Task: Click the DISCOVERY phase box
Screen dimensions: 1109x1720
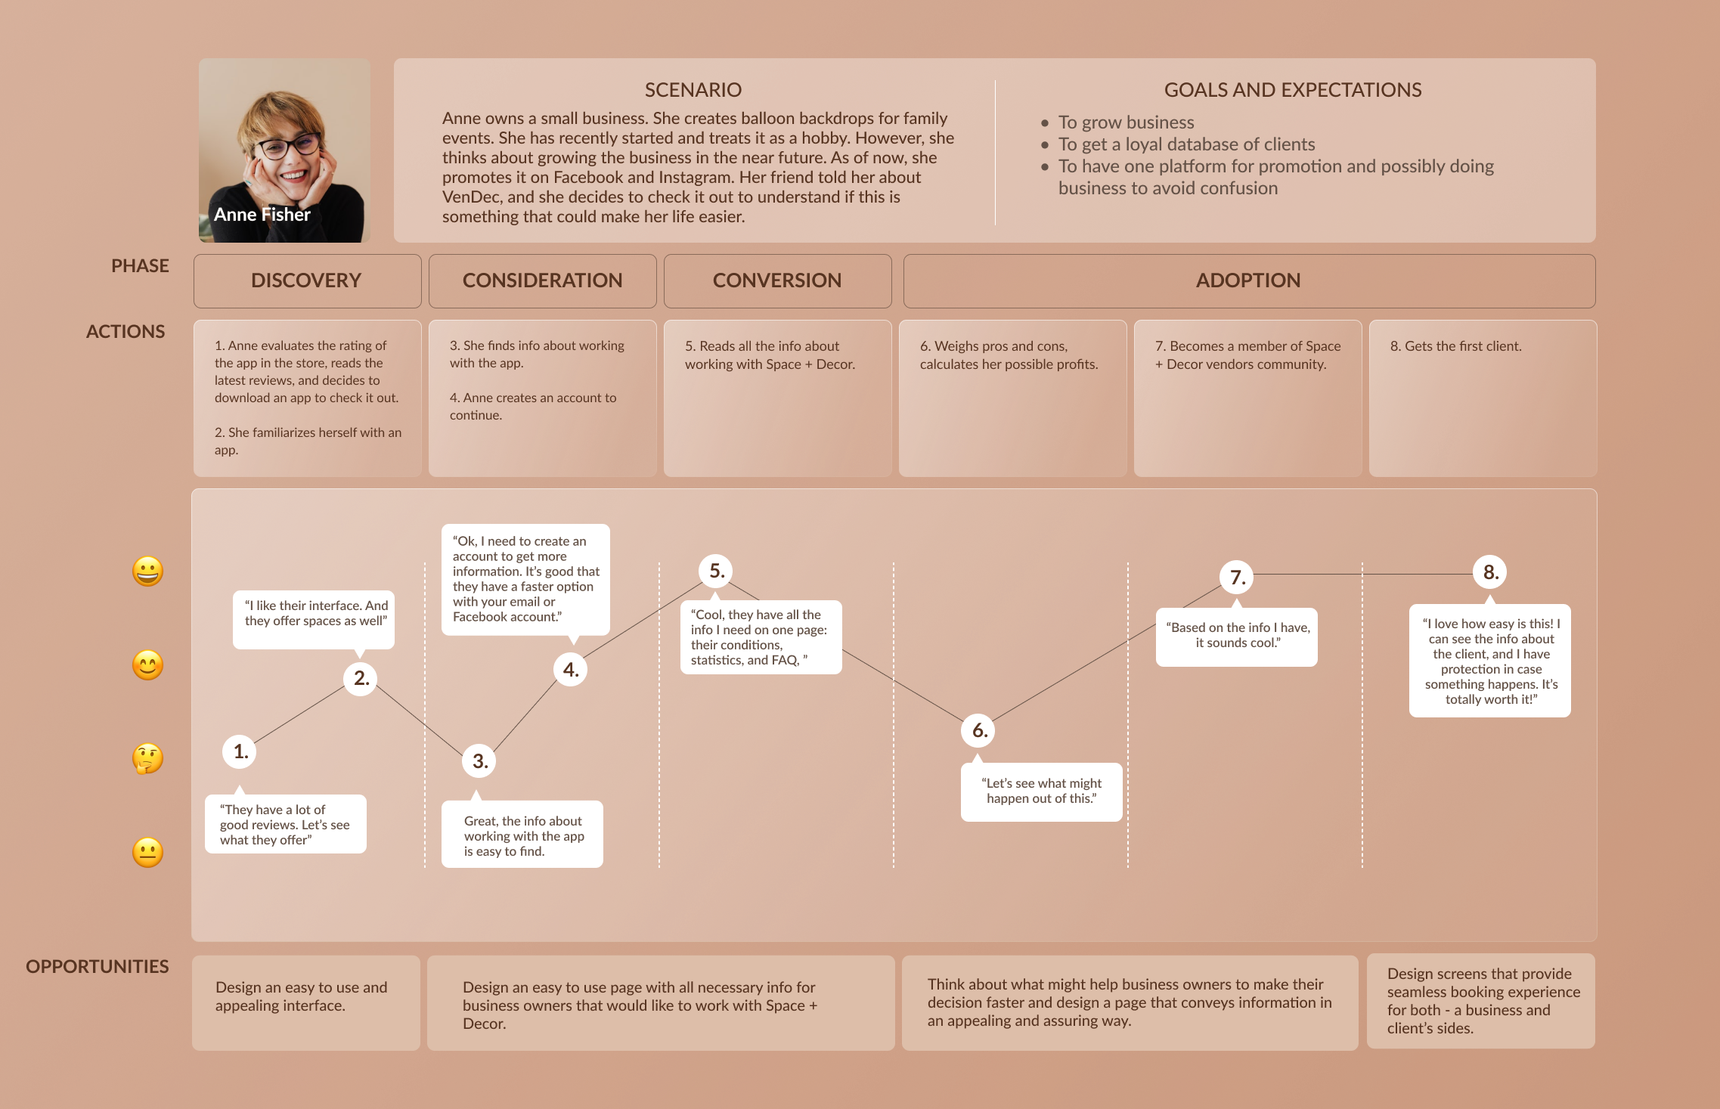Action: (x=307, y=280)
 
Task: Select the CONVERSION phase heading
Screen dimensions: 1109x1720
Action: (x=777, y=280)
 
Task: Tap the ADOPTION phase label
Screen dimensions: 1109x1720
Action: (x=1248, y=280)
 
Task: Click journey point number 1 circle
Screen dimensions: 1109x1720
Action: (x=240, y=751)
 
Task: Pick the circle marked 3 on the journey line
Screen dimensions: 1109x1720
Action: (x=479, y=761)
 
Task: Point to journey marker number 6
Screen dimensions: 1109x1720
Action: (x=979, y=730)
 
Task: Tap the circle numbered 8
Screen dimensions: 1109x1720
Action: (x=1490, y=572)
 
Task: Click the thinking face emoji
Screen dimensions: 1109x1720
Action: (x=147, y=758)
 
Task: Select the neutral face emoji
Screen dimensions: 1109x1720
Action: (x=147, y=852)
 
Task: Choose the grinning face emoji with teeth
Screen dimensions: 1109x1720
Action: (x=147, y=571)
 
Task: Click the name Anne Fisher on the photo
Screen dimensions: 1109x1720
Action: (x=262, y=215)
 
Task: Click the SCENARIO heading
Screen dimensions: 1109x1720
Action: (x=693, y=90)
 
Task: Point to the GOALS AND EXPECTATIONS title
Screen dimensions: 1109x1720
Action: (x=1292, y=90)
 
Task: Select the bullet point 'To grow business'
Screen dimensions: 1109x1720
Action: (x=1126, y=122)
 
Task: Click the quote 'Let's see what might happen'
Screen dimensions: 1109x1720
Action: (x=1041, y=791)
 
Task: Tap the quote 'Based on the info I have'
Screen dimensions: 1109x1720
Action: (x=1237, y=635)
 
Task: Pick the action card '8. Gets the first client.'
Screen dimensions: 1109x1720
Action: (x=1455, y=346)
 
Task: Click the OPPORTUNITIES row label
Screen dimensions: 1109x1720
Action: (x=98, y=967)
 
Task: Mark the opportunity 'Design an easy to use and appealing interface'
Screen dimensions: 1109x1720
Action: (x=301, y=996)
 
